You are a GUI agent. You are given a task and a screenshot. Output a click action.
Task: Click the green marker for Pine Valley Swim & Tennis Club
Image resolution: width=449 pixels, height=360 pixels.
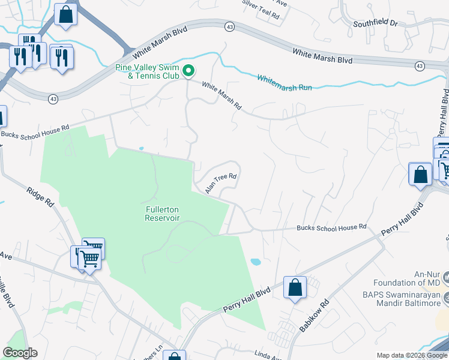coord(188,71)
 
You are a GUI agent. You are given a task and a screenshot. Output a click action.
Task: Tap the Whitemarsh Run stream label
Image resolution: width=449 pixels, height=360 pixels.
coord(285,83)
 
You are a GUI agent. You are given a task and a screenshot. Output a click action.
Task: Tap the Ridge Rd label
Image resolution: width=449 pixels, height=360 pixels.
coord(40,197)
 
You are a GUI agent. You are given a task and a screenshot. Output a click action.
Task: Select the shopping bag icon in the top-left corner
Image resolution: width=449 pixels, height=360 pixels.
coord(65,14)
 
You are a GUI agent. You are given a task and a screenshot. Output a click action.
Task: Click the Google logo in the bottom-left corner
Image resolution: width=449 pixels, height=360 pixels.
coord(20,353)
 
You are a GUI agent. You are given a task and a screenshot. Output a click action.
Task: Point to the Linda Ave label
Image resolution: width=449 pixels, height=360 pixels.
coord(266,356)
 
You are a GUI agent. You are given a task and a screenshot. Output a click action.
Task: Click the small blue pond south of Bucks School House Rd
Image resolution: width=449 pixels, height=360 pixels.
coord(255,262)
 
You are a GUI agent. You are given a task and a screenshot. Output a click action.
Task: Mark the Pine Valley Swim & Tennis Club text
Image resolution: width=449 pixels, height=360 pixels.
coord(148,71)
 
